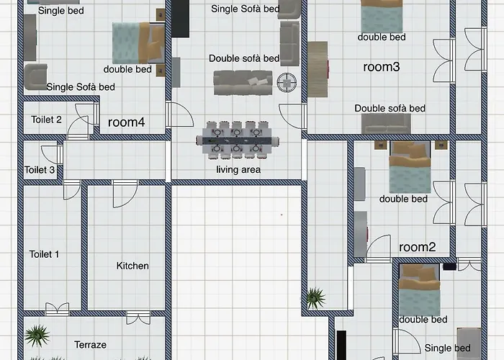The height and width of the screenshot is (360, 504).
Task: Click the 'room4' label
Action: [127, 122]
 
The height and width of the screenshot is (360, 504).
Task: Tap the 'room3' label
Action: [382, 67]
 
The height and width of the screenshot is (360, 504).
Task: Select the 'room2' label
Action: [418, 247]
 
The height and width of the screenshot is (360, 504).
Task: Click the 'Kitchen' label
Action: [132, 266]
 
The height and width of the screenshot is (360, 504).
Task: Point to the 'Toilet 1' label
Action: [45, 254]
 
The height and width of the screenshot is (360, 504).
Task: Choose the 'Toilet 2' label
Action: [46, 120]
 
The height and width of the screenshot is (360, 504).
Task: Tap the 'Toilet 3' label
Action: [40, 170]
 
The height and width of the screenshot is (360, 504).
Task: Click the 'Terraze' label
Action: [90, 345]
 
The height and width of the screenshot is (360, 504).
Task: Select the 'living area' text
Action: [238, 170]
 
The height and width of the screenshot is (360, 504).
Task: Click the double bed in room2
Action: [410, 167]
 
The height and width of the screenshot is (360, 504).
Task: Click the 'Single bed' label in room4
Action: [60, 10]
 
